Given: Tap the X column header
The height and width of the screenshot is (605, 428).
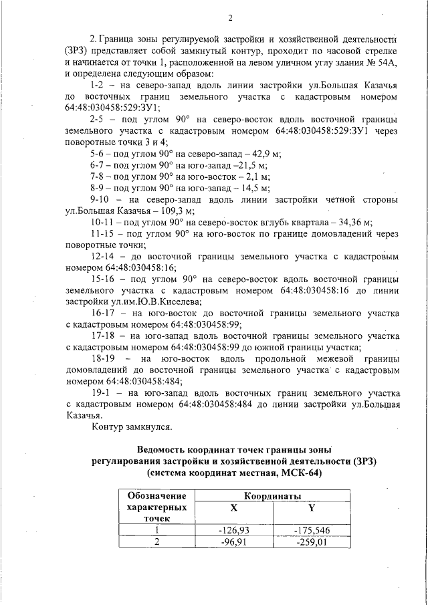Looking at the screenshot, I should point(233,507).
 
